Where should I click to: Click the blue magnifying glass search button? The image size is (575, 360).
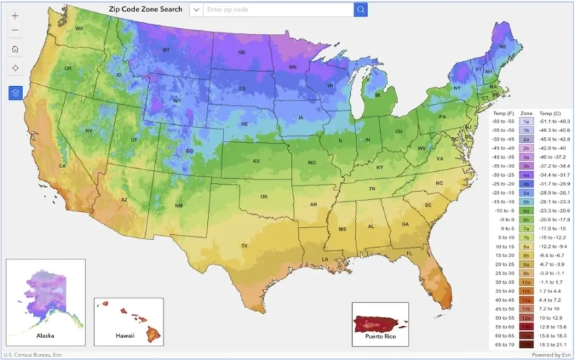360,9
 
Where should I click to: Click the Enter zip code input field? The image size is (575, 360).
277,9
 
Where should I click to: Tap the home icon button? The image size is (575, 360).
15,49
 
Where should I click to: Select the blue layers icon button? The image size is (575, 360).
15,93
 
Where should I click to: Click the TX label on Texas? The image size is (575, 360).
244,246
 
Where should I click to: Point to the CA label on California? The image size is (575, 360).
63,166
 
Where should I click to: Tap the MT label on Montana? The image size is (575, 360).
166,50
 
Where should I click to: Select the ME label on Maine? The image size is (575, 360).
502,47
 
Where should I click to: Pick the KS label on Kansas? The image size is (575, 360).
256,162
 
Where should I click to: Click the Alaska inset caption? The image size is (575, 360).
45,335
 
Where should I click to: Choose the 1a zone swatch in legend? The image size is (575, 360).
525,122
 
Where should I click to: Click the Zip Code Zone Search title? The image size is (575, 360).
146,9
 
